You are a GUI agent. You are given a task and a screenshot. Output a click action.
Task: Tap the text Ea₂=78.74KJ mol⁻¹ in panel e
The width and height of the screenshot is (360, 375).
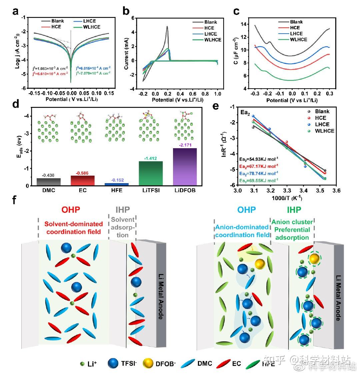(x=259, y=173)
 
